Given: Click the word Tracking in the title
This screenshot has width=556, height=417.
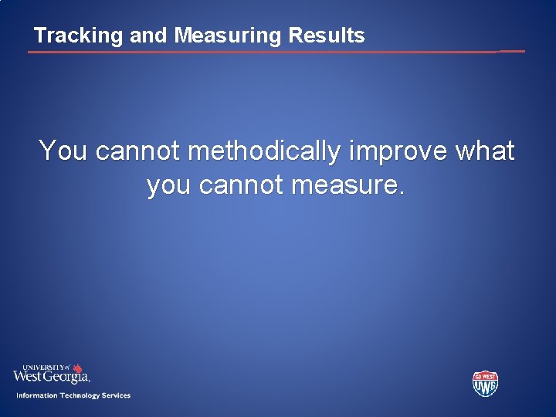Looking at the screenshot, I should point(67,36).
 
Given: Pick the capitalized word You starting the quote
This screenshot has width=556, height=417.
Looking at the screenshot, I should point(63,151).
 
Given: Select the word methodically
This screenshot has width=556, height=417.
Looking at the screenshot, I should point(263,151).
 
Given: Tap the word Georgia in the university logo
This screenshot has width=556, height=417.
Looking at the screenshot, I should point(68,377).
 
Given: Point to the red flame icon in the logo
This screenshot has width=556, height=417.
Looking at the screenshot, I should point(77,368).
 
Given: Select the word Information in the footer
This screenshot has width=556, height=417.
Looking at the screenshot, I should point(36,395).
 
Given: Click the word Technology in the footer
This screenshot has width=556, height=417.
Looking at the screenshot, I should point(80,395).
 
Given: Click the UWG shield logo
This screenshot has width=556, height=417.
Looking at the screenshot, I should point(485,383).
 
